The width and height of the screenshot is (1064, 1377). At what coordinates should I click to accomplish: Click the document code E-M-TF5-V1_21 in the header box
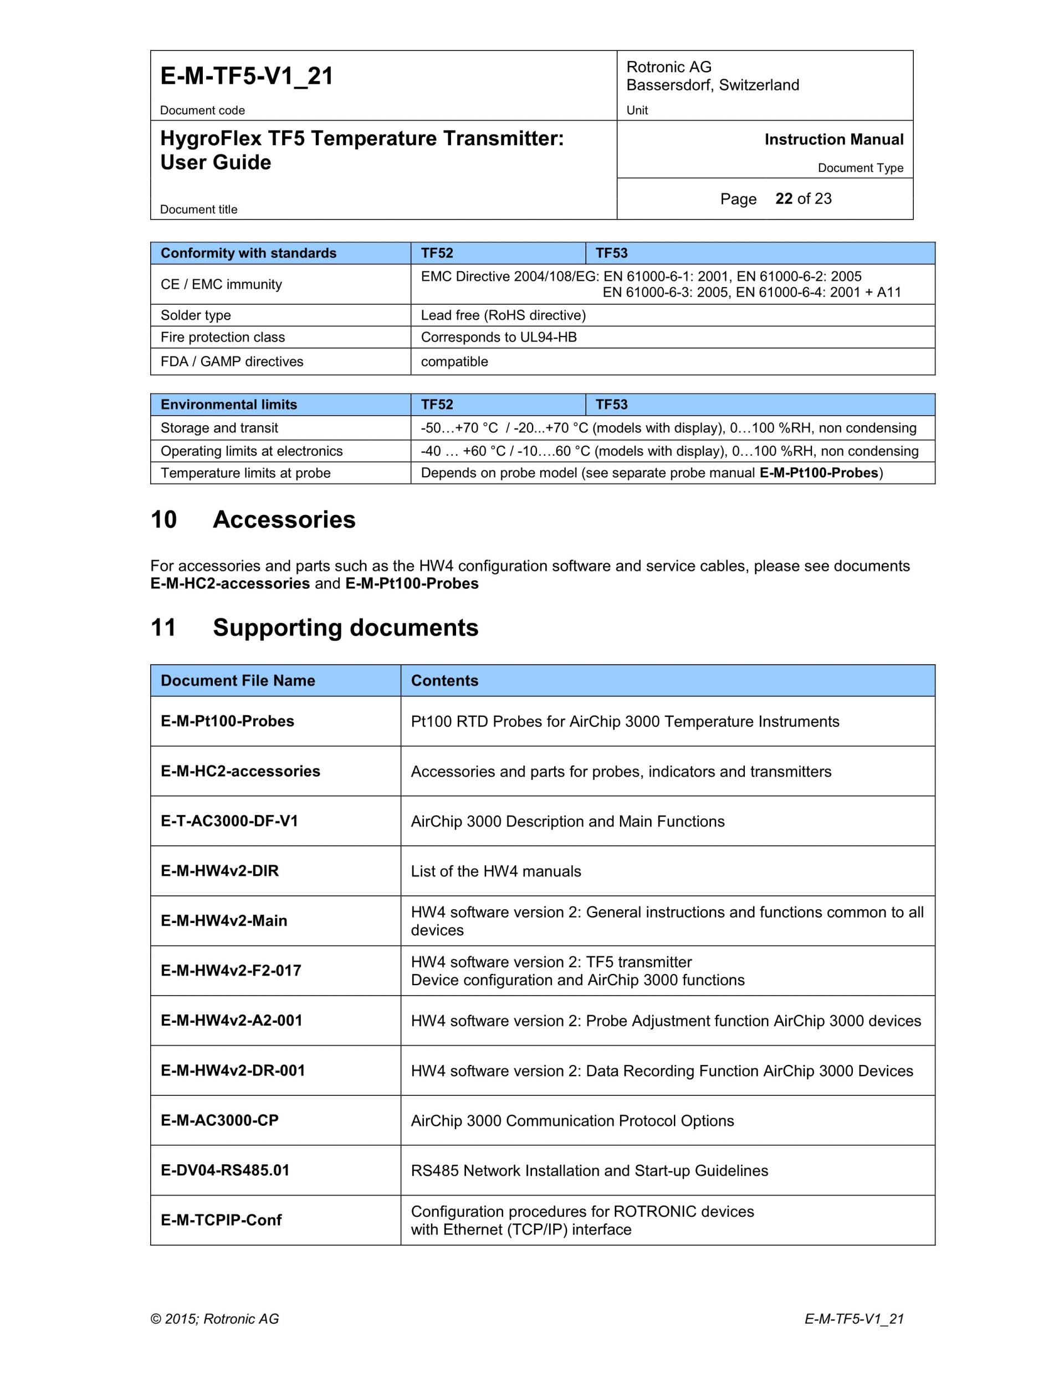click(x=247, y=76)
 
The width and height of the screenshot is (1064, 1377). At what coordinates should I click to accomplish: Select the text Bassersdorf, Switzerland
click(x=712, y=85)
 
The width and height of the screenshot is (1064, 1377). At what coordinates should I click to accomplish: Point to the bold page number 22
click(x=784, y=198)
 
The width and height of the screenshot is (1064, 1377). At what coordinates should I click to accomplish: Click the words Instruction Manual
click(x=833, y=139)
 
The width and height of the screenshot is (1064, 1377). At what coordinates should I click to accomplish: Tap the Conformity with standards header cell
click(x=248, y=253)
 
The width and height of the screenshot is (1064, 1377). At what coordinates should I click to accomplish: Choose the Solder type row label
click(x=196, y=315)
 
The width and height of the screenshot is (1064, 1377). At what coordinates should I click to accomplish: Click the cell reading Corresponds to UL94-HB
click(x=499, y=337)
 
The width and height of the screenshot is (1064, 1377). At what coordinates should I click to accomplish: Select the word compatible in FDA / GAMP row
click(x=454, y=362)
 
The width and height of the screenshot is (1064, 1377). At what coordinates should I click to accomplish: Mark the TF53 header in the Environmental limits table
click(x=611, y=404)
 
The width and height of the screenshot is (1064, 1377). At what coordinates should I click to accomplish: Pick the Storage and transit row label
click(x=219, y=428)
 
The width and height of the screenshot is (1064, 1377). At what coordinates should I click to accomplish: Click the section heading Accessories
click(x=284, y=519)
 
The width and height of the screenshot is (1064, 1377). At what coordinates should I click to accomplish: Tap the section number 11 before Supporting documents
click(x=163, y=628)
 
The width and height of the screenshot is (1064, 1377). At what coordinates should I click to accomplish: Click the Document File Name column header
click(x=238, y=680)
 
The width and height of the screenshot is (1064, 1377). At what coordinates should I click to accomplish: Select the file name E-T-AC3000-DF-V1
click(x=229, y=821)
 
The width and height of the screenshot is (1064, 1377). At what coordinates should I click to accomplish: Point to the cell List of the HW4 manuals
click(x=495, y=871)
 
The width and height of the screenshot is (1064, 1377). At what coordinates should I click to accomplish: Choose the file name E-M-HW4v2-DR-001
click(x=233, y=1070)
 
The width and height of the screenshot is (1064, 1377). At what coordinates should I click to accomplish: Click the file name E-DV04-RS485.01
click(x=225, y=1170)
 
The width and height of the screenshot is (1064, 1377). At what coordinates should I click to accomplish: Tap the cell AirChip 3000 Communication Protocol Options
click(x=572, y=1120)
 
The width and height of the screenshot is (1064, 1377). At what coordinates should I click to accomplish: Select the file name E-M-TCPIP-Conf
click(x=221, y=1220)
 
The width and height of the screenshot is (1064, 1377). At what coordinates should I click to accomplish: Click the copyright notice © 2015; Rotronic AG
click(x=214, y=1319)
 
